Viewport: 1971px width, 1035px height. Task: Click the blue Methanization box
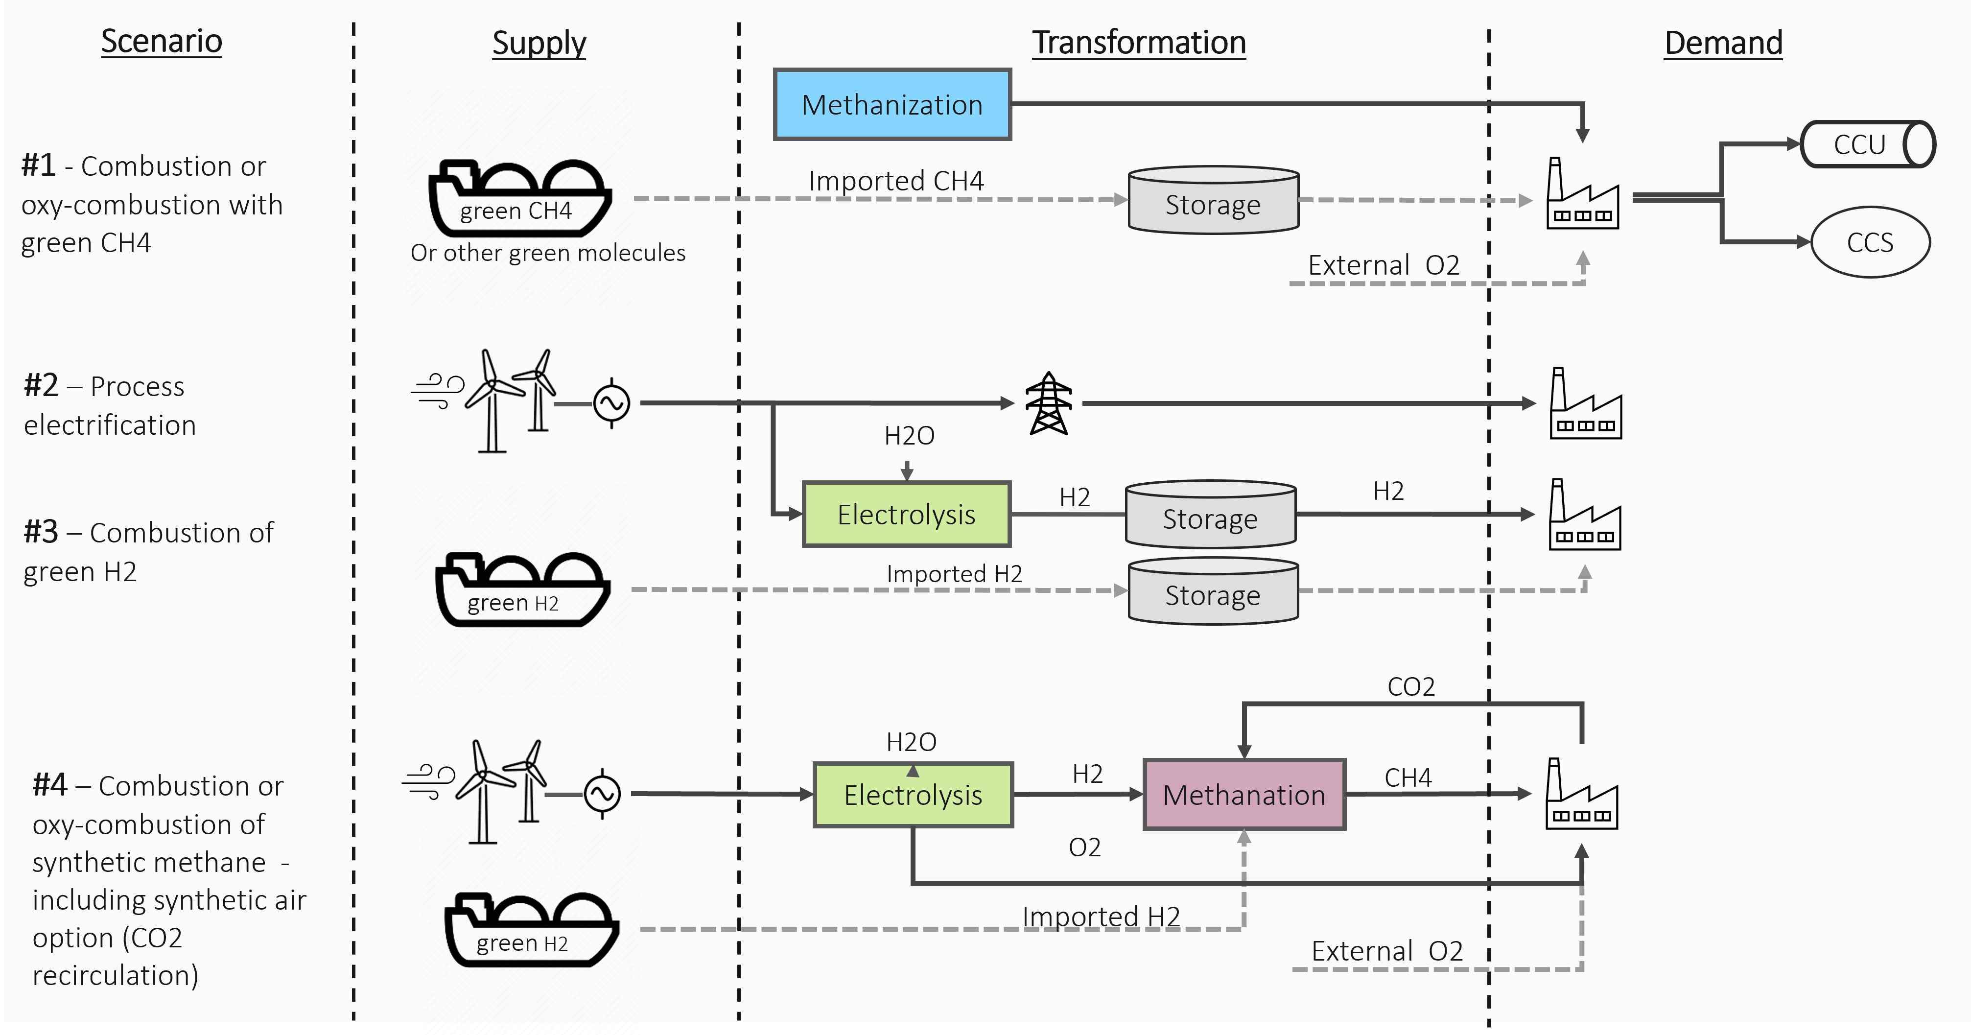click(x=892, y=105)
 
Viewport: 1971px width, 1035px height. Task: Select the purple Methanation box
click(x=1244, y=795)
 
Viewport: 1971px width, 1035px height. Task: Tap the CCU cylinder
click(x=1867, y=144)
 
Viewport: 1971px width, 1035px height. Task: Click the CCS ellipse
click(x=1870, y=242)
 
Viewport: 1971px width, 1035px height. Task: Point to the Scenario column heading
click(x=162, y=41)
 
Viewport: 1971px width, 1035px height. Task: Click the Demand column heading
click(x=1723, y=43)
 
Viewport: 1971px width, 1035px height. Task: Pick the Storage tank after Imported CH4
click(x=1214, y=200)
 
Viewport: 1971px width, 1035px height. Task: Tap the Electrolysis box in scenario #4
click(x=913, y=795)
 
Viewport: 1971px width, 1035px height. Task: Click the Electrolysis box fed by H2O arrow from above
click(x=907, y=514)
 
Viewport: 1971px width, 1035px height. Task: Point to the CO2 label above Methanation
click(x=1411, y=686)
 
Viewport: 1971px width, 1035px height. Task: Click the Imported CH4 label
click(x=896, y=181)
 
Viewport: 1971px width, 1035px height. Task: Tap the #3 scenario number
click(x=41, y=532)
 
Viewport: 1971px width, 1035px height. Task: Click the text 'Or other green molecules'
click(x=548, y=253)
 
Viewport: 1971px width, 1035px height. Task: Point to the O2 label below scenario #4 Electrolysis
click(x=1084, y=847)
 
